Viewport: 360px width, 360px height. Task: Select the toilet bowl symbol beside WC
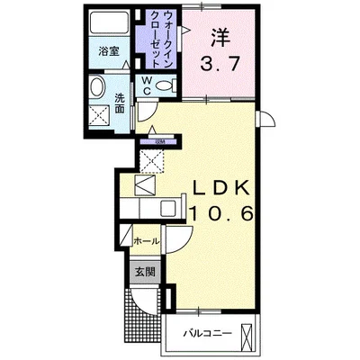click(x=165, y=86)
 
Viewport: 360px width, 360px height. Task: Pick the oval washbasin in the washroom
click(x=98, y=89)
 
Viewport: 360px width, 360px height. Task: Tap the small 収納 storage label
click(x=161, y=141)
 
